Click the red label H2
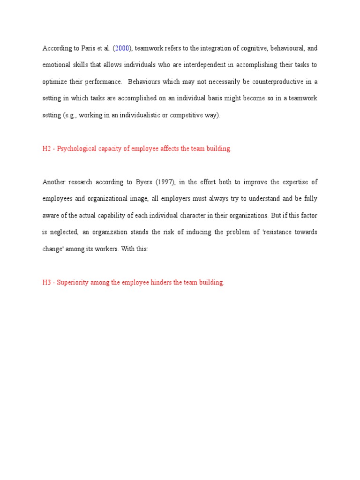pyautogui.click(x=47, y=149)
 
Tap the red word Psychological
pyautogui.click(x=77, y=149)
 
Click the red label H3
pyautogui.click(x=47, y=283)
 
